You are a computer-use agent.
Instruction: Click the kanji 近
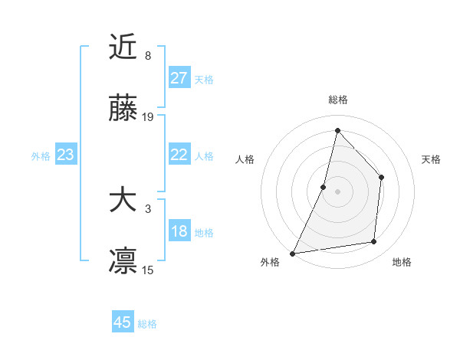123,48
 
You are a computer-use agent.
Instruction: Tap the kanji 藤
123,110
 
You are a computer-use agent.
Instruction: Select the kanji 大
123,201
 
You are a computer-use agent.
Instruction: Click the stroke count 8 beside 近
148,56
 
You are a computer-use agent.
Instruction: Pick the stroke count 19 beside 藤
148,117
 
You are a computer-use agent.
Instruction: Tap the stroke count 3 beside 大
148,209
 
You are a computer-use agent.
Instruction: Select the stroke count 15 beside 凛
148,270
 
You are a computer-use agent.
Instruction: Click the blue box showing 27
179,78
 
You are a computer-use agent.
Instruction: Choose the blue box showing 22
179,155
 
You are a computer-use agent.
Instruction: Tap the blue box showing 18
179,231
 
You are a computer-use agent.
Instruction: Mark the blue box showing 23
66,155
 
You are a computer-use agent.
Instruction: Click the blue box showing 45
123,322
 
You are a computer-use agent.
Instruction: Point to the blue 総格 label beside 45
147,324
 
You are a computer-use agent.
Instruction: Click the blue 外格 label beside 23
41,155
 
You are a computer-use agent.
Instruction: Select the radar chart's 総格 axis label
337,100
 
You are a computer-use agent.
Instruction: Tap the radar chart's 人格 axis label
245,159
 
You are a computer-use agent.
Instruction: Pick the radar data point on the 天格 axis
381,177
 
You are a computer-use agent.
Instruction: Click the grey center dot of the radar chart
337,191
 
